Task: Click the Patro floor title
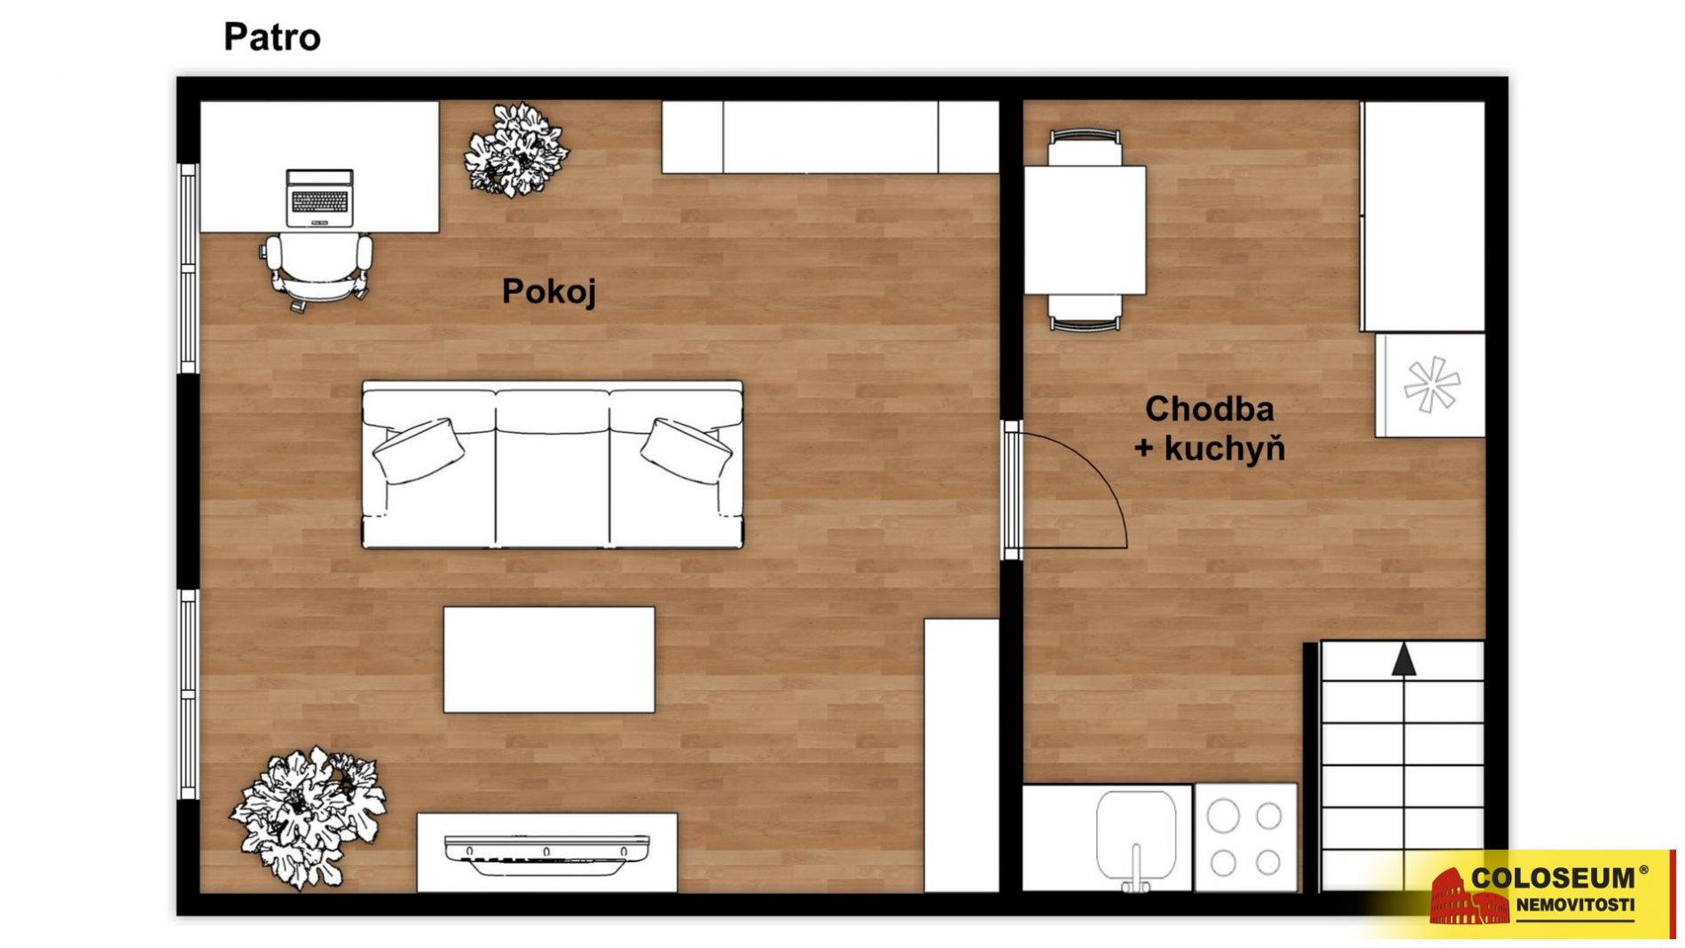271,37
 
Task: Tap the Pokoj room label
549,292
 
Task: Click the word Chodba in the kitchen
1209,409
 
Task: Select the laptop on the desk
319,197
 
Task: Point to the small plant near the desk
516,150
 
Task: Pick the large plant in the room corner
308,817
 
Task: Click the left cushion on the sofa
419,450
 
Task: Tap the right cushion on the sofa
686,450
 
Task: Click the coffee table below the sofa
549,660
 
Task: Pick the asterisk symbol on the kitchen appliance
1431,384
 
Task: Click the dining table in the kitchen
1085,231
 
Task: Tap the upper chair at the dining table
1085,147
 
